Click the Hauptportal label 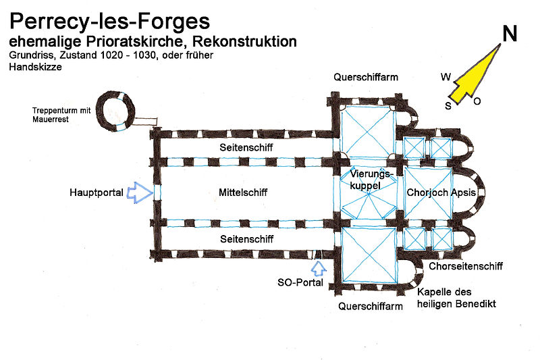pyautogui.click(x=96, y=192)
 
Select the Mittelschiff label pyautogui.click(x=243, y=192)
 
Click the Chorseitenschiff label pyautogui.click(x=465, y=267)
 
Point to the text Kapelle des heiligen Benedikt pyautogui.click(x=456, y=298)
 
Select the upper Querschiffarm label pyautogui.click(x=366, y=77)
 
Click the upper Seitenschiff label pyautogui.click(x=246, y=147)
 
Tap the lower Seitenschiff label pyautogui.click(x=246, y=238)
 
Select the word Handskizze pyautogui.click(x=31, y=68)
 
